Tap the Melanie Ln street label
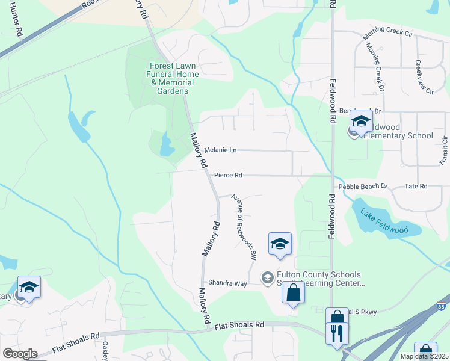click(x=220, y=150)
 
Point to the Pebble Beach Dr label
click(x=363, y=187)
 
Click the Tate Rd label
click(x=416, y=187)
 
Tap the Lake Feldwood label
click(x=383, y=221)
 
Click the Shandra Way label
click(x=227, y=283)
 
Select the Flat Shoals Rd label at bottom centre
click(x=239, y=326)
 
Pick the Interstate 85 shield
click(x=442, y=307)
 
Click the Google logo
click(x=19, y=353)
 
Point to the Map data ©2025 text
click(x=424, y=356)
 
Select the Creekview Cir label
click(x=425, y=77)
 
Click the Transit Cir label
click(x=444, y=151)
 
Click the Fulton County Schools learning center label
click(x=319, y=279)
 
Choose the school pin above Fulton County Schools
click(x=280, y=243)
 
